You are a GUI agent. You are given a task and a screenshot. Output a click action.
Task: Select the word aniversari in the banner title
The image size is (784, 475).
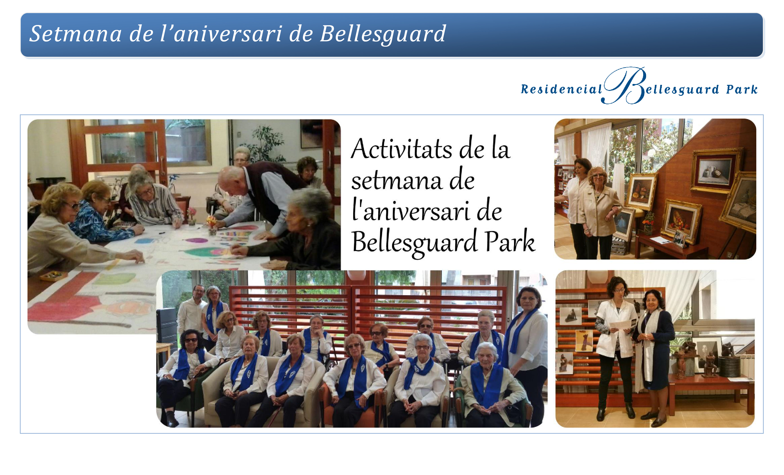[228, 34]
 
